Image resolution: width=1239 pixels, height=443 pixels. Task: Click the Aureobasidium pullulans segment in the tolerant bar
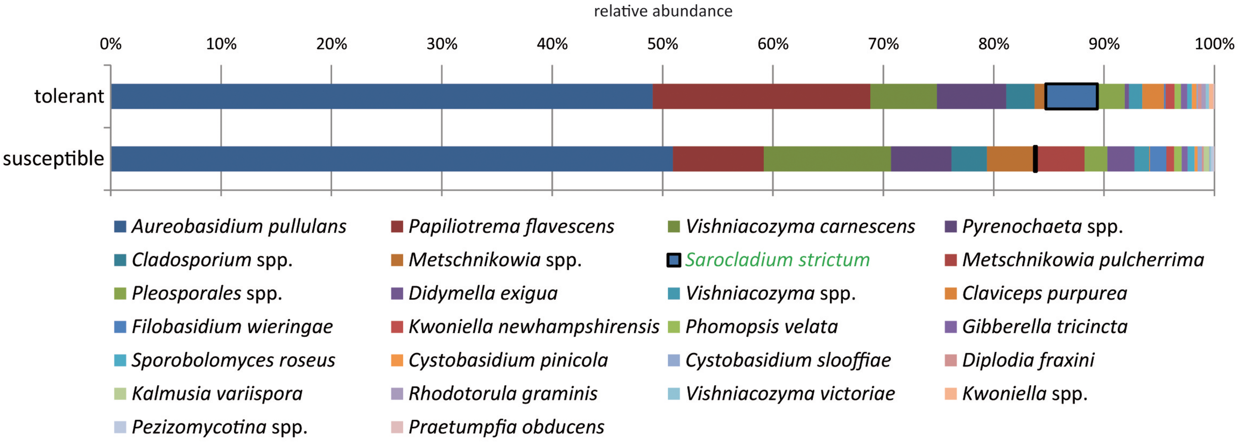[382, 96]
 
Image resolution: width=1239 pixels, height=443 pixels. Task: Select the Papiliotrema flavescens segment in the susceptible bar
[718, 159]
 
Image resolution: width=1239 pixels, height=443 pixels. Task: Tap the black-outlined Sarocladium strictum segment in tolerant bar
[1071, 96]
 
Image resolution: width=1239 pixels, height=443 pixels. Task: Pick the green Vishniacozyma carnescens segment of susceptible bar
[827, 159]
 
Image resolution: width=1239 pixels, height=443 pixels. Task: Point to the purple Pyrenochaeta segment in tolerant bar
[971, 96]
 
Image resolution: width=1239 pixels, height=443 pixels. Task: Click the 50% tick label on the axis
[662, 44]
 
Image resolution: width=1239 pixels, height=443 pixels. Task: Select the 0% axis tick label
[111, 44]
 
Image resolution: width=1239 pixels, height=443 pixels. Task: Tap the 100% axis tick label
[1214, 44]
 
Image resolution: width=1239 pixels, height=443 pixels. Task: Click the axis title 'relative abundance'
[663, 11]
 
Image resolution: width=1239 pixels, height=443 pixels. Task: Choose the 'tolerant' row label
[69, 96]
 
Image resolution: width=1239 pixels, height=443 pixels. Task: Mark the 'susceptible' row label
[54, 159]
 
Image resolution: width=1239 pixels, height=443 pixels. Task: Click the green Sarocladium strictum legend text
[777, 260]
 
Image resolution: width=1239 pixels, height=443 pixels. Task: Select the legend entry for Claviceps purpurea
[1044, 293]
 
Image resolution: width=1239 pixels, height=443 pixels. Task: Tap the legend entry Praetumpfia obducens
[506, 427]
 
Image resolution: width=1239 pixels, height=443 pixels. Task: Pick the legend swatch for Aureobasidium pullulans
[120, 227]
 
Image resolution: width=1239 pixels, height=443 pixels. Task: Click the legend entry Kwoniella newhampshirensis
[533, 327]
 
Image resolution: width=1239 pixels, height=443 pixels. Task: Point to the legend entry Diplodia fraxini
[1028, 360]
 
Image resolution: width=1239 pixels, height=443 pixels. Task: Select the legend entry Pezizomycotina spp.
[220, 427]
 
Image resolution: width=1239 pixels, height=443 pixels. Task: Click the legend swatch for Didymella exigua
[396, 294]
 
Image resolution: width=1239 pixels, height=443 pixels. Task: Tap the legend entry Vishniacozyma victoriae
[790, 394]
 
